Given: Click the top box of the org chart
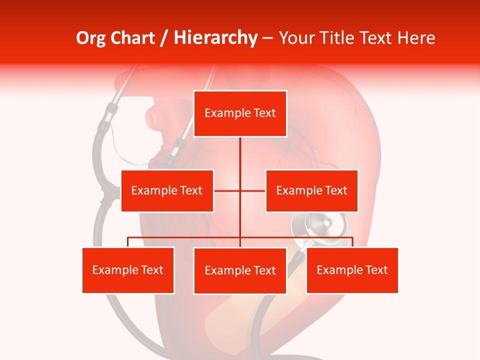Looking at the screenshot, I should (240, 113).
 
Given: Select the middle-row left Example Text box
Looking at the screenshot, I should (167, 190).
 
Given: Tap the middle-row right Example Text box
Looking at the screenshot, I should (311, 190).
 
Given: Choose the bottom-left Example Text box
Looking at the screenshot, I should (128, 270).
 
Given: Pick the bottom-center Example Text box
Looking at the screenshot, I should (240, 270).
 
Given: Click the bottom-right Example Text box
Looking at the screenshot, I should (352, 270).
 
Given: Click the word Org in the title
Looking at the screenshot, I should (90, 38).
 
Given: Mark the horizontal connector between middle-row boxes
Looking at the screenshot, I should (227, 190).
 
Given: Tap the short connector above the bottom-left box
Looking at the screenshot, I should (128, 242).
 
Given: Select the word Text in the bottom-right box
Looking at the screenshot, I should (376, 270).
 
